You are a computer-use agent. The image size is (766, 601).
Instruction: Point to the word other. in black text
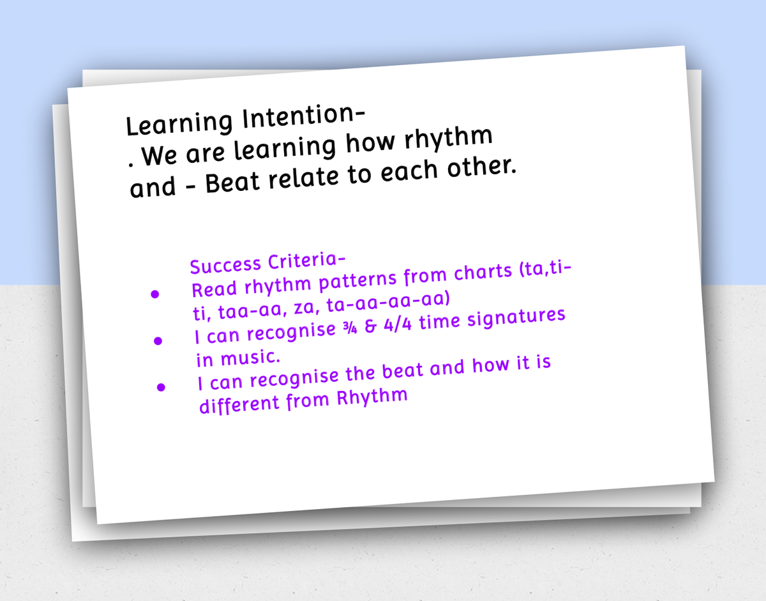(481, 167)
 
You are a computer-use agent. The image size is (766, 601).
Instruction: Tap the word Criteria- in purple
(306, 261)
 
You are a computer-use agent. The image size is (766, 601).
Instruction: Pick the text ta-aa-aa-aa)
(389, 301)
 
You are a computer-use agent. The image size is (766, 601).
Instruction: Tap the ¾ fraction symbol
(350, 328)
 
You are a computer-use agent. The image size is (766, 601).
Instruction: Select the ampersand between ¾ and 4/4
(370, 326)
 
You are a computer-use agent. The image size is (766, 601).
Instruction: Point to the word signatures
(516, 318)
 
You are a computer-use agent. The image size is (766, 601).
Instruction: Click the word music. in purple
(251, 357)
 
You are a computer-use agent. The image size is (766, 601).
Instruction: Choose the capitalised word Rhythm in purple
(372, 397)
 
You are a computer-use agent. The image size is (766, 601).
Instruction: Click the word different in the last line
(239, 404)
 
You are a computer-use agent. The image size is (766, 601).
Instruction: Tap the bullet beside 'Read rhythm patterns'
(154, 294)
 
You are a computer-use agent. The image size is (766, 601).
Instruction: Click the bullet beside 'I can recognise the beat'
(161, 387)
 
